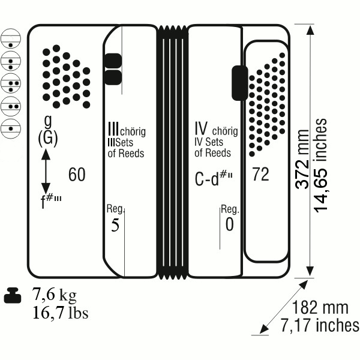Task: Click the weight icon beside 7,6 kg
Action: (13, 295)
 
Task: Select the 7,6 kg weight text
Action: (54, 295)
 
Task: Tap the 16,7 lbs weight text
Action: (61, 313)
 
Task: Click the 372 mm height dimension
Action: (302, 159)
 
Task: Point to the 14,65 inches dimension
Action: (320, 166)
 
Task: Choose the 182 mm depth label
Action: (320, 308)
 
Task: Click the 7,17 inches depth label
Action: (320, 325)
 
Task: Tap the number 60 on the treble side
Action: (77, 175)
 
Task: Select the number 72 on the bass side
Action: (260, 174)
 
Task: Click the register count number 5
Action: (115, 225)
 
